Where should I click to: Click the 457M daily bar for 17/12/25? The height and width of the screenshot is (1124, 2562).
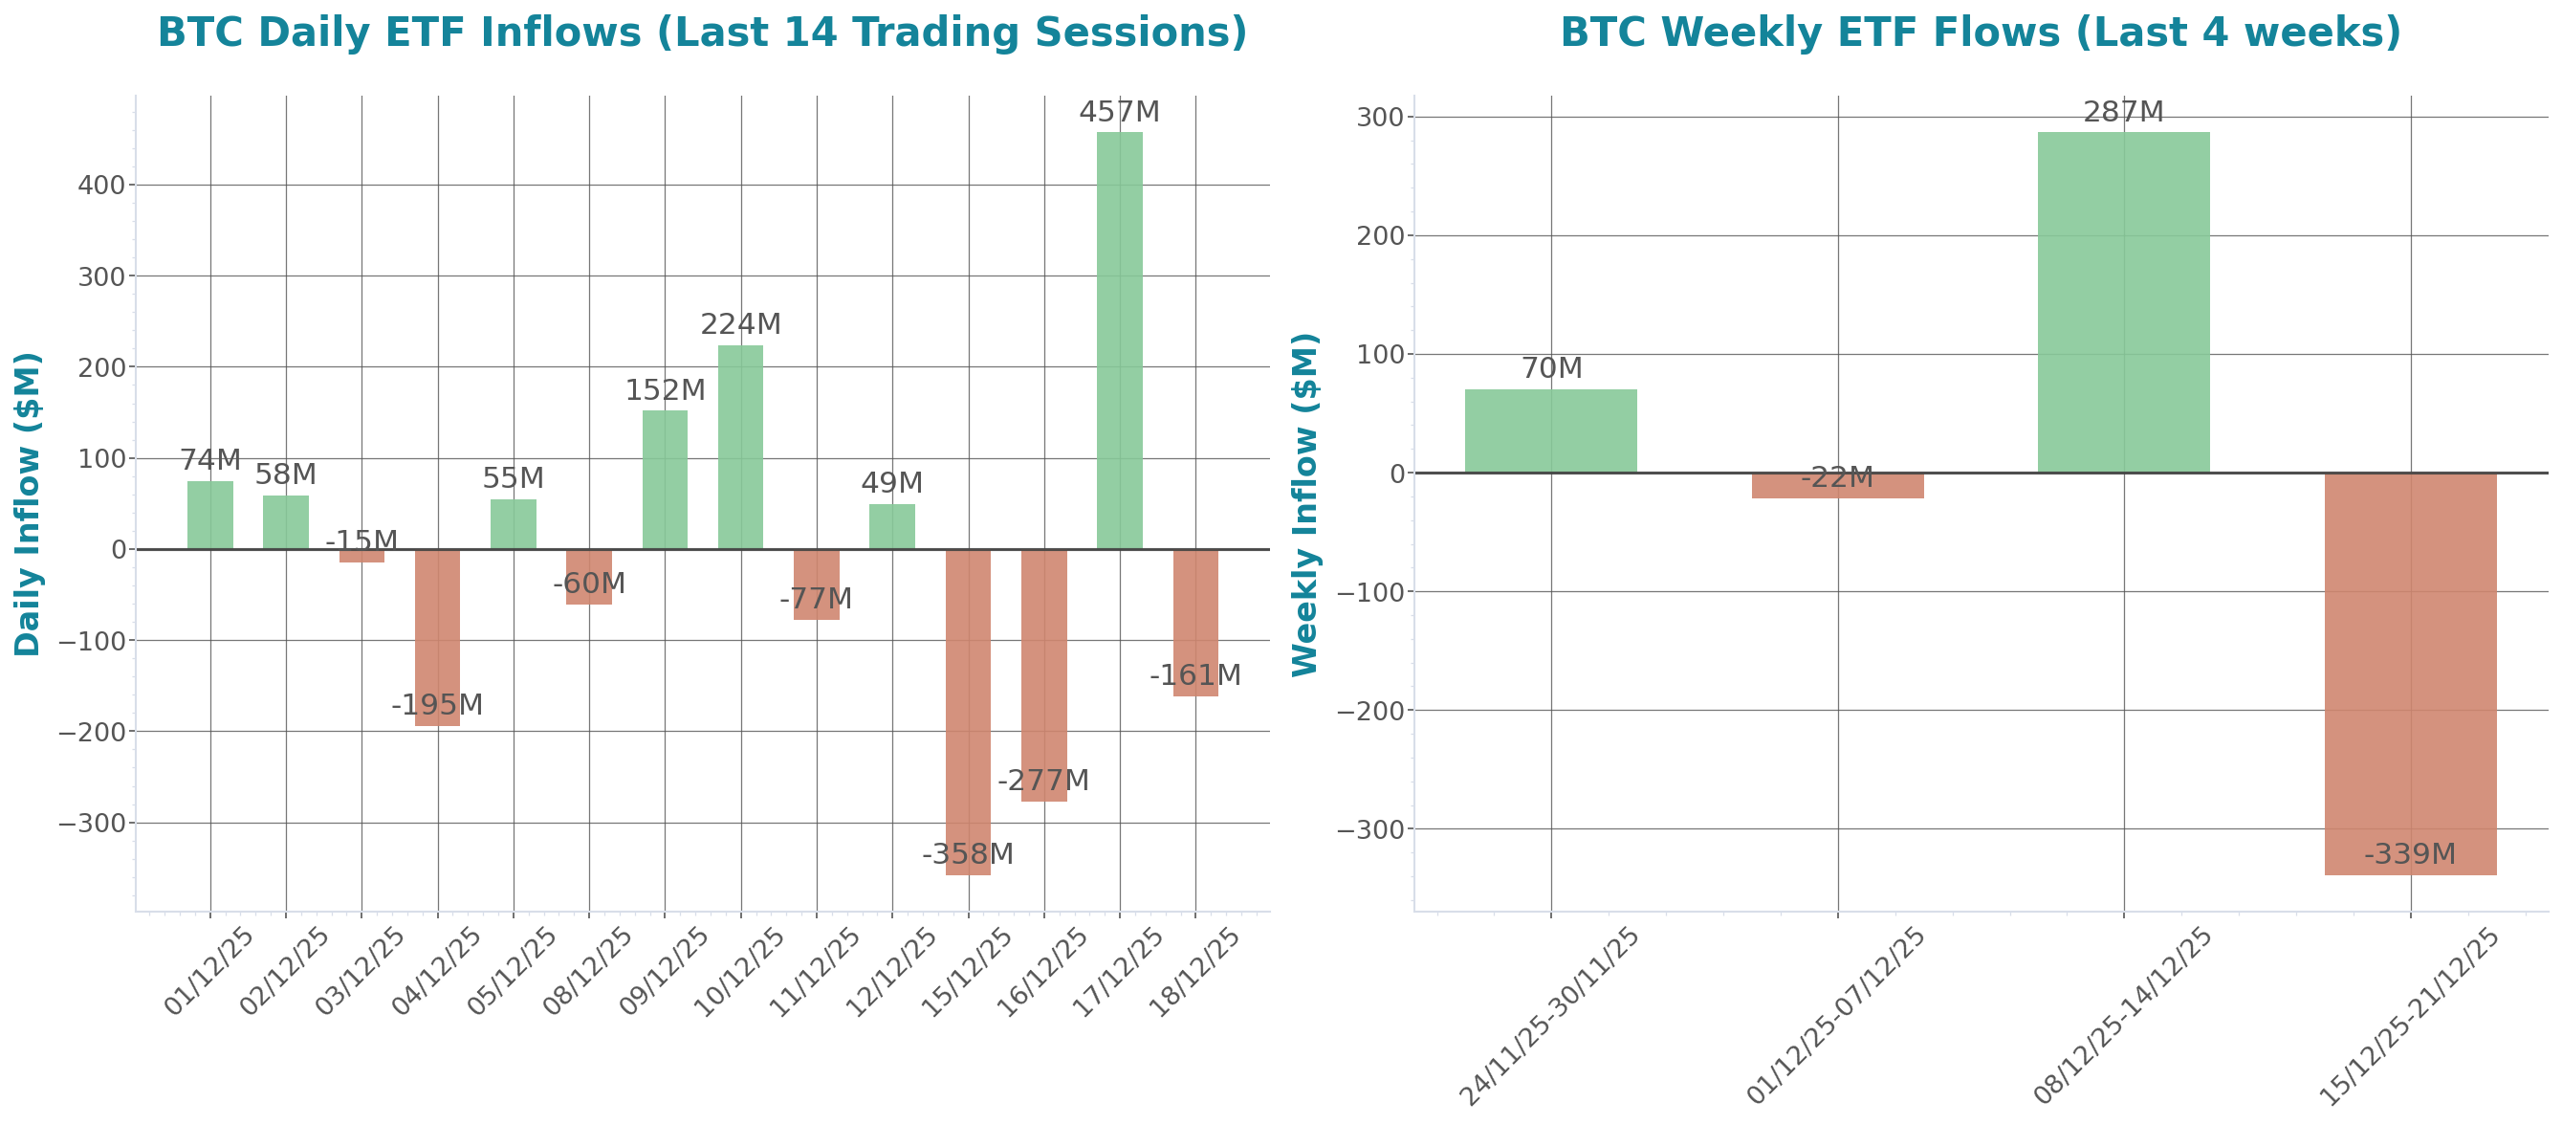click(1119, 340)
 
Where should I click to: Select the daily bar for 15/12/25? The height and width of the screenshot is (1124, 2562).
click(968, 711)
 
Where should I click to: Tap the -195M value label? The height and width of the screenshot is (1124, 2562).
click(437, 705)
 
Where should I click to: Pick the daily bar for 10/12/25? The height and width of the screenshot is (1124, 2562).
click(740, 447)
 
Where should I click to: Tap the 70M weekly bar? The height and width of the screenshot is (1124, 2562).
click(1550, 430)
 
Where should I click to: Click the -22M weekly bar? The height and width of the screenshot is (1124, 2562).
click(1837, 485)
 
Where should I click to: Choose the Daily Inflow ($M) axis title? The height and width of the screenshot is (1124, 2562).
click(28, 503)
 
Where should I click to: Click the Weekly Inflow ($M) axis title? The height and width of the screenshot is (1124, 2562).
click(1304, 503)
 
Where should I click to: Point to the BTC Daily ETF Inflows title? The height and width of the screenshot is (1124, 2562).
click(702, 32)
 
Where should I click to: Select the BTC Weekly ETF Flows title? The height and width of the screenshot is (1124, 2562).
click(1981, 32)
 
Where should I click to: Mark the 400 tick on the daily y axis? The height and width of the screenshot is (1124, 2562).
click(101, 185)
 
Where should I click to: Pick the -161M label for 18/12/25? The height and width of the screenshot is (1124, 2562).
click(1194, 676)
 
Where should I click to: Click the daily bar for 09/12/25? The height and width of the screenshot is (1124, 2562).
click(665, 479)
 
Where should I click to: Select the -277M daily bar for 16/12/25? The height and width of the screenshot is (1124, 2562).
click(1043, 675)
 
